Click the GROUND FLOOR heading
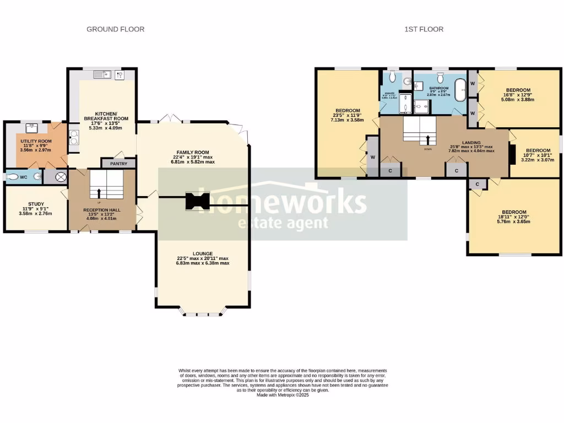tap(115, 29)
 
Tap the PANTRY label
tap(118, 164)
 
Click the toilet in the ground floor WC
tap(15, 177)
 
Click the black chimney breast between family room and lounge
tap(197, 202)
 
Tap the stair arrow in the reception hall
tap(99, 193)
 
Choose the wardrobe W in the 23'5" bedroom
tap(372, 157)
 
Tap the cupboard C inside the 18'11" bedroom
tap(477, 184)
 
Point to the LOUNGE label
tap(203, 254)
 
